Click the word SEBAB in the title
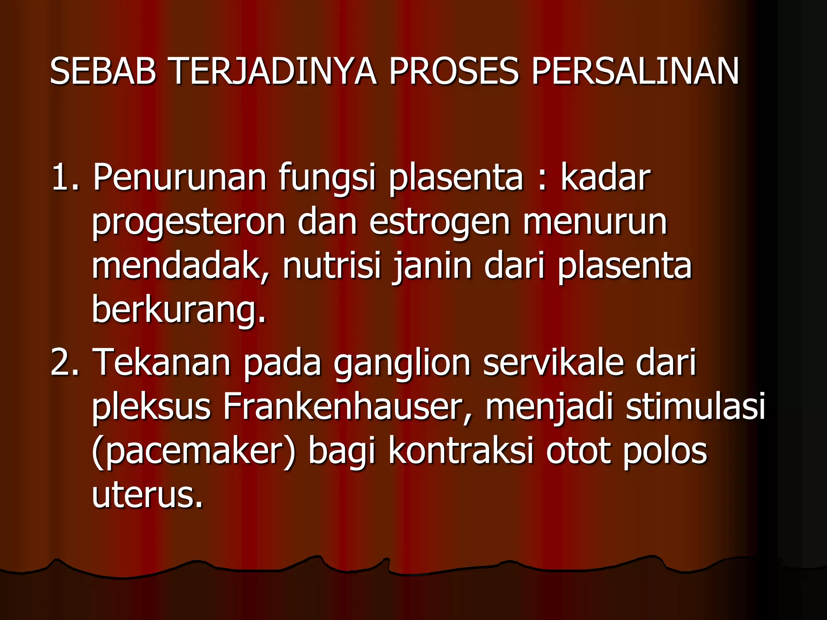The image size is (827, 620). [x=103, y=71]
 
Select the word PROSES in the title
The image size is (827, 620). [x=453, y=71]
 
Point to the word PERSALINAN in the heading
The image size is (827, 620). [x=635, y=71]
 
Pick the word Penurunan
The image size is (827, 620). [x=180, y=177]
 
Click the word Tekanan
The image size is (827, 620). [x=162, y=362]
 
